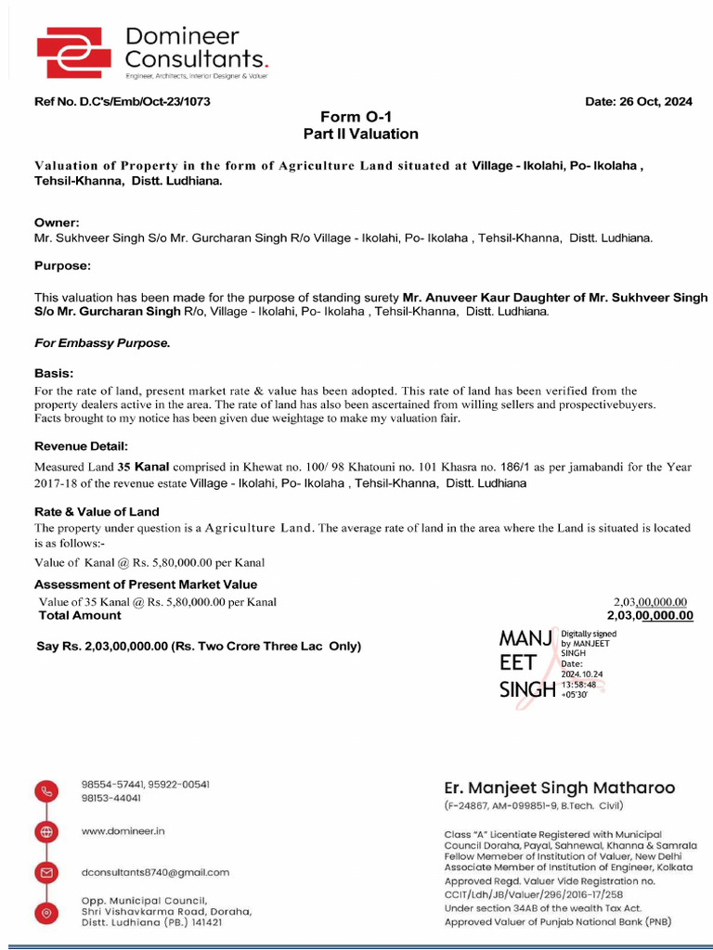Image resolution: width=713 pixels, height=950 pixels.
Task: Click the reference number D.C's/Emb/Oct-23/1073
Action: [x=143, y=101]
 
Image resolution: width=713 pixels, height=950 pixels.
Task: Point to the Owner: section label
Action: [x=57, y=223]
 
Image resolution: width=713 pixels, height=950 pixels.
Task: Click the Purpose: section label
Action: [x=62, y=265]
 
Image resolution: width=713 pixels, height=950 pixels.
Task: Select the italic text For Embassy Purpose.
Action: [x=102, y=343]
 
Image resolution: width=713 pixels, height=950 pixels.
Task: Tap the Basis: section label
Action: [x=54, y=374]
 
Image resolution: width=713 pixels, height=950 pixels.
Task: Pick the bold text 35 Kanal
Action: [x=143, y=468]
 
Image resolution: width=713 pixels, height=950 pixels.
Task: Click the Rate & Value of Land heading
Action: [x=97, y=511]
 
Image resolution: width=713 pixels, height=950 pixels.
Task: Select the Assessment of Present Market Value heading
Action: [x=146, y=584]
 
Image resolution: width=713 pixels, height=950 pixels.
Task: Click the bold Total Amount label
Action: [x=80, y=615]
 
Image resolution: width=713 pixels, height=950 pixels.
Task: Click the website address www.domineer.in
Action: [x=123, y=831]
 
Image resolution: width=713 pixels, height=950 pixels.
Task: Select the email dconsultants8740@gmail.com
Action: [x=155, y=872]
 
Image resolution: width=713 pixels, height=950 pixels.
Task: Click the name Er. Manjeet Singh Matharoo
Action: [x=559, y=788]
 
